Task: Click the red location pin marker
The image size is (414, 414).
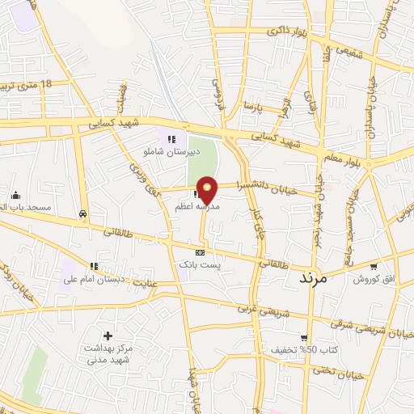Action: click(209, 189)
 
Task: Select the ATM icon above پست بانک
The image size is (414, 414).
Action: click(201, 252)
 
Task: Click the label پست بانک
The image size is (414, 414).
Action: click(201, 264)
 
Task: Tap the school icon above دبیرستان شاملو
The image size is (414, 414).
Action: click(171, 138)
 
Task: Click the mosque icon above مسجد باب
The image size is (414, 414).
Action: click(15, 195)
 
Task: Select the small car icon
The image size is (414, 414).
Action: click(82, 213)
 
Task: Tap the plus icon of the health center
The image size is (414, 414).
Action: click(108, 336)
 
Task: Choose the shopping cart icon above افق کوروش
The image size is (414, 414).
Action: click(374, 266)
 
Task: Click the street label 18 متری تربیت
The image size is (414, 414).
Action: click(29, 85)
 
